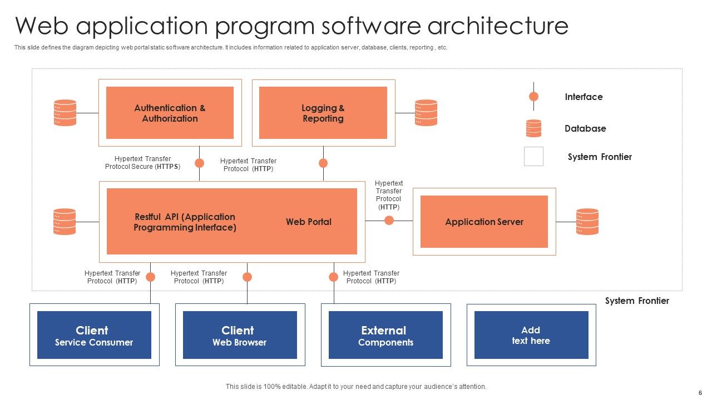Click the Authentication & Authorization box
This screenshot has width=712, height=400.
[170, 113]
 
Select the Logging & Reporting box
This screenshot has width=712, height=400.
[323, 113]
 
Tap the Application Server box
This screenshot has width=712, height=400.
[484, 222]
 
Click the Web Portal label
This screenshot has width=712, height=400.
[309, 222]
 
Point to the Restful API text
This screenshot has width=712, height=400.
[185, 222]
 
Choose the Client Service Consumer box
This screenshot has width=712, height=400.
[94, 335]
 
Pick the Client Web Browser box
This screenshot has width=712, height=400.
[240, 335]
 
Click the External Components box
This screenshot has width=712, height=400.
[385, 335]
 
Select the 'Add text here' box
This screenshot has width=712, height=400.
[531, 335]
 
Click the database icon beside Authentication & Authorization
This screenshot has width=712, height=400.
[65, 113]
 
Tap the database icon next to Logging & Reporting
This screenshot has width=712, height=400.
[426, 113]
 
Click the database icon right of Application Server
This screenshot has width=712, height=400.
[587, 222]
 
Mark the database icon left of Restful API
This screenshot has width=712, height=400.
[65, 222]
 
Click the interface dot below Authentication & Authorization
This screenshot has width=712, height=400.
[199, 163]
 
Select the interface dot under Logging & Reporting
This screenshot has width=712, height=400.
[323, 163]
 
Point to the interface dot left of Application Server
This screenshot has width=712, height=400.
[389, 221]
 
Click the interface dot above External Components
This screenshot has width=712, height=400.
[334, 277]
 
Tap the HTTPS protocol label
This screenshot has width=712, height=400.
[143, 163]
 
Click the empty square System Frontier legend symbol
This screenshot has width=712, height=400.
[533, 157]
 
